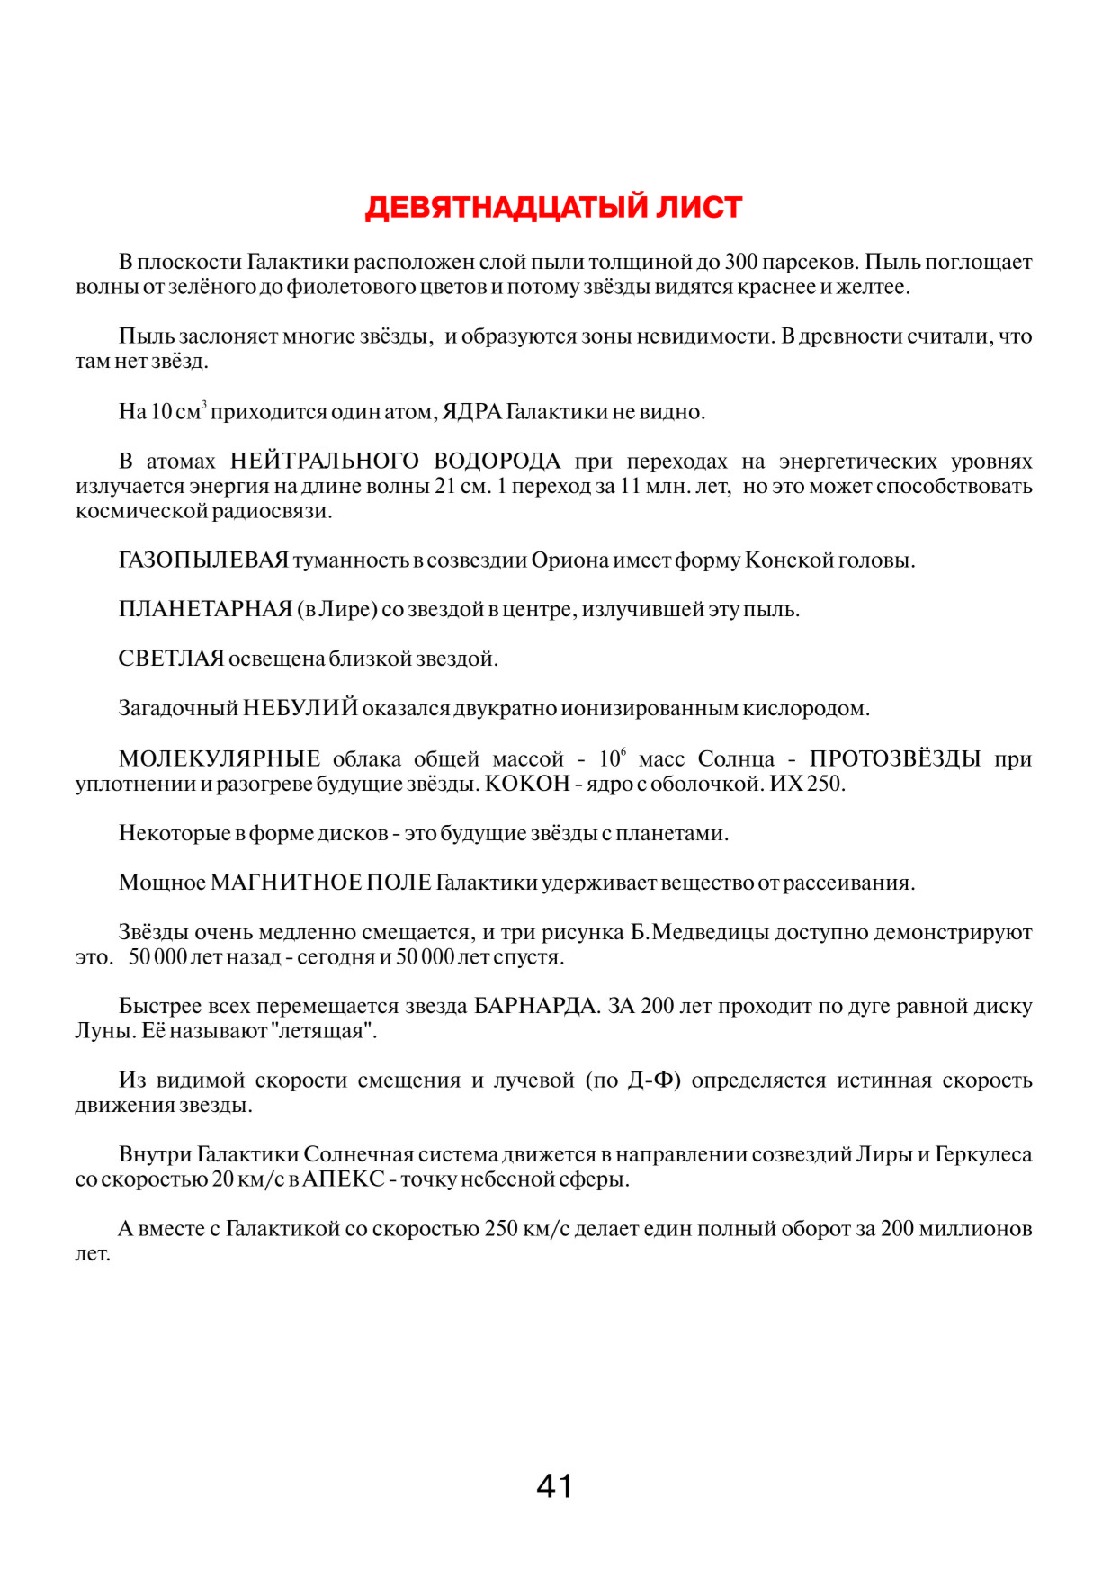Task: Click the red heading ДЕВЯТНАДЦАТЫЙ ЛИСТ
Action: [553, 208]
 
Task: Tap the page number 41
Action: [554, 1485]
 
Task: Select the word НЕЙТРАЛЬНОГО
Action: [325, 462]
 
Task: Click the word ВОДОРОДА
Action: [497, 462]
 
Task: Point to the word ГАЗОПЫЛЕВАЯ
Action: [203, 560]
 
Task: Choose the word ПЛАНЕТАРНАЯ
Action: [205, 610]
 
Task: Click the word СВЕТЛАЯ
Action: [171, 659]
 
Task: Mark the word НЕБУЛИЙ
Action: [300, 709]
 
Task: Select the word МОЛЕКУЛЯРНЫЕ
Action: [220, 759]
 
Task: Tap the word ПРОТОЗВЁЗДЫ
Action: [894, 759]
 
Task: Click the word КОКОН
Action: [527, 784]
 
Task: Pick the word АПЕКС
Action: [344, 1179]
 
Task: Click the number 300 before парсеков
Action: [741, 263]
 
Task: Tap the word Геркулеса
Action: [983, 1154]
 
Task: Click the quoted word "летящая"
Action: [322, 1031]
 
